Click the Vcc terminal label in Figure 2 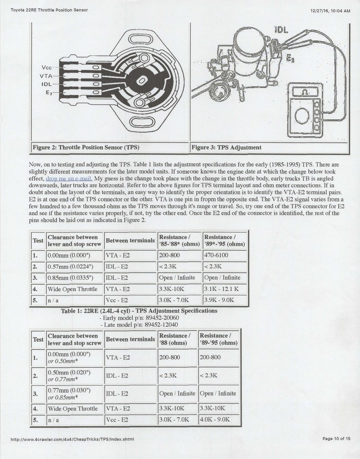(x=46, y=67)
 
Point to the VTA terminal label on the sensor (x=46, y=76)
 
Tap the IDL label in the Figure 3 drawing (x=281, y=30)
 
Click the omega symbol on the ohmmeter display (x=305, y=92)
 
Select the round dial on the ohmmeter (x=302, y=116)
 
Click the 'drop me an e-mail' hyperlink (x=69, y=178)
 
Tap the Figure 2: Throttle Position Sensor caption (x=86, y=147)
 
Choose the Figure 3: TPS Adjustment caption (x=226, y=147)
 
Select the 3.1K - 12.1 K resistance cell (x=221, y=289)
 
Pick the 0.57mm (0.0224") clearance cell (x=70, y=267)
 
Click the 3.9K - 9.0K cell (x=219, y=300)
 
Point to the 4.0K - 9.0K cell (x=215, y=419)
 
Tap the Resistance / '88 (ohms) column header (x=175, y=339)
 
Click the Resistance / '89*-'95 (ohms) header (x=225, y=241)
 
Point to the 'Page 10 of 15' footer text (x=336, y=438)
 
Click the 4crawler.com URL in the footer (x=72, y=439)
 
